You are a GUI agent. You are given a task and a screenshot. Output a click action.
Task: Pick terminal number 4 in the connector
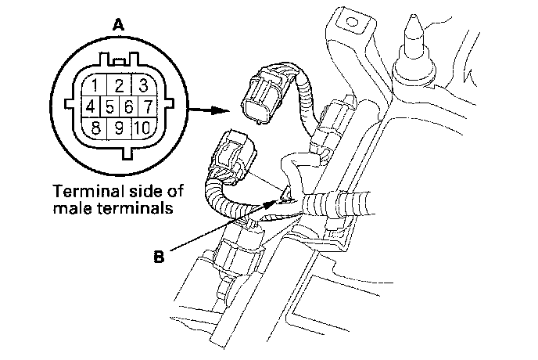coord(91,105)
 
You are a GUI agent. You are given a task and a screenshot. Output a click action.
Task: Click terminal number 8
coord(94,126)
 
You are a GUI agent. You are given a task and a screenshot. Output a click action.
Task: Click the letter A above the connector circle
coord(118,26)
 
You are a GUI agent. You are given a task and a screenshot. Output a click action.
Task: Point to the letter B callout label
coord(159,255)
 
